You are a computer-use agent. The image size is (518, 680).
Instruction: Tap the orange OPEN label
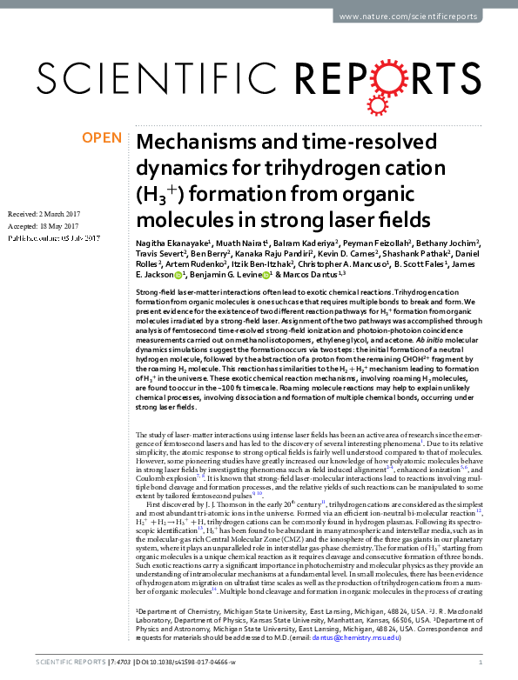(x=101, y=137)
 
